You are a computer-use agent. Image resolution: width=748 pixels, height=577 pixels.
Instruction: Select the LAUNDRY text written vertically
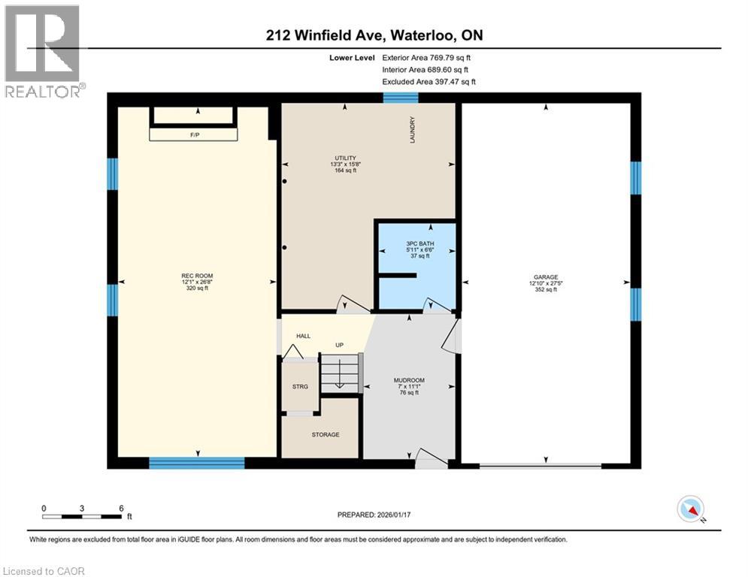point(413,129)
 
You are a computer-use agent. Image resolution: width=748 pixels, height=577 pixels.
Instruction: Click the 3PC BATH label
point(416,243)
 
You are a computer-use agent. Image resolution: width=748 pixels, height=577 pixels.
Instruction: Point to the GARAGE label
point(547,276)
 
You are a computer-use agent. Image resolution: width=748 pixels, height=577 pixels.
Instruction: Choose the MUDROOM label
point(409,380)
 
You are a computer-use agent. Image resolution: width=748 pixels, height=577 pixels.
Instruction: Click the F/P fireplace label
point(193,134)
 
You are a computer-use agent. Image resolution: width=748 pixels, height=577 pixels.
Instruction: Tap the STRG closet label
point(300,387)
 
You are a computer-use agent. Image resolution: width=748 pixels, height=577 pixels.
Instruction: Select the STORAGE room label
point(326,434)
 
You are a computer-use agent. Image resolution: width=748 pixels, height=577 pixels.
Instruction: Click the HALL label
point(303,336)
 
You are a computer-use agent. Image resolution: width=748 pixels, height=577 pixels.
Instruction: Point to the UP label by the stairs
point(340,346)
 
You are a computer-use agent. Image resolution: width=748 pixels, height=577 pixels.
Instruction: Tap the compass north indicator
point(690,509)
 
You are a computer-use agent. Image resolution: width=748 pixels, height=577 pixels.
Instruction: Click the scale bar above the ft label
point(82,516)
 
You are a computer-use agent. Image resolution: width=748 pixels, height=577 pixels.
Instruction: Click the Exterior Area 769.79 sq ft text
point(426,57)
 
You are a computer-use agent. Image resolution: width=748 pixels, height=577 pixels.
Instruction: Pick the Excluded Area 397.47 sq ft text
point(429,82)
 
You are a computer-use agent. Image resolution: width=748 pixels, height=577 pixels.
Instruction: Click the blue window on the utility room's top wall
point(400,97)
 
